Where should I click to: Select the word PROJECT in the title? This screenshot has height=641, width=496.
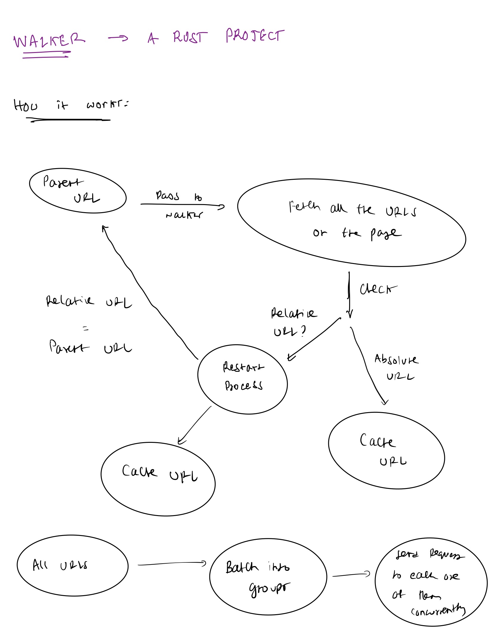click(255, 36)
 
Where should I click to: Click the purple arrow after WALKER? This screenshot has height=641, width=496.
click(118, 38)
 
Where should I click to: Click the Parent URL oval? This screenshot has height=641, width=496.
click(78, 190)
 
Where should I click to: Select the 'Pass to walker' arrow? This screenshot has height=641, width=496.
click(183, 205)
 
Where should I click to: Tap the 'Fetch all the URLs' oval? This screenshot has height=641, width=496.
click(351, 223)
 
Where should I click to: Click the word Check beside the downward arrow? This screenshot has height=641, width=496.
click(378, 289)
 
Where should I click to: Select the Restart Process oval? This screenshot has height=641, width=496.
click(242, 379)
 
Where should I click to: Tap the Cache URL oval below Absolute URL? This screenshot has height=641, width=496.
click(386, 451)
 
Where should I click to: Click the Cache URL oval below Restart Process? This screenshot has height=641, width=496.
click(158, 479)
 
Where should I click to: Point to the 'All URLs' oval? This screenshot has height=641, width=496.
click(73, 565)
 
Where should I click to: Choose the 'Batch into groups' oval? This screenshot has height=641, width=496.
click(268, 576)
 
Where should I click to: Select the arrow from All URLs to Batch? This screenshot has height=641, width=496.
click(172, 564)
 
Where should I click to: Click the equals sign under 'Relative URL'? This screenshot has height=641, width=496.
click(86, 329)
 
